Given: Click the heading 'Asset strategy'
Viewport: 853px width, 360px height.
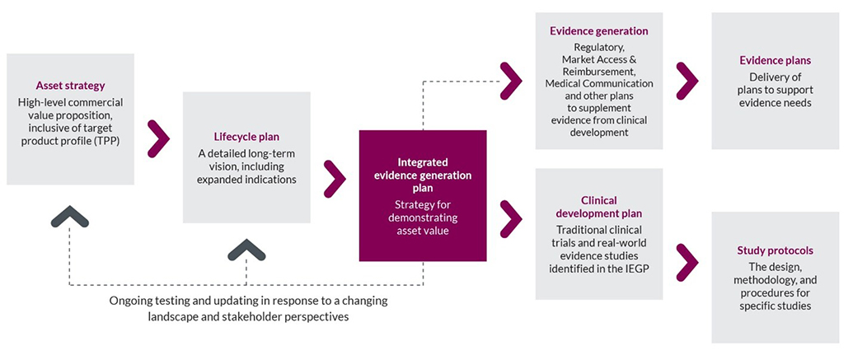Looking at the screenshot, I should pyautogui.click(x=70, y=86).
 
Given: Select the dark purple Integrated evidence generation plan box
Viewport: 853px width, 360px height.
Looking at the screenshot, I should pyautogui.click(x=423, y=195).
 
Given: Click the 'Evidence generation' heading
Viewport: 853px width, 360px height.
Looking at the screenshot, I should pyautogui.click(x=598, y=31).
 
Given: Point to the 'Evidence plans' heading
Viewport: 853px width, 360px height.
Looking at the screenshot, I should pyautogui.click(x=775, y=61).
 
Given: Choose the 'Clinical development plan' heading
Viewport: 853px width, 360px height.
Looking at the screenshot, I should pyautogui.click(x=598, y=206).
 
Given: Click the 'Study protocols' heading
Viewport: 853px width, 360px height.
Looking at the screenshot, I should pyautogui.click(x=775, y=250).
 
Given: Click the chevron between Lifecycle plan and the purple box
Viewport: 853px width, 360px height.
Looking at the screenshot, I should pyautogui.click(x=335, y=174).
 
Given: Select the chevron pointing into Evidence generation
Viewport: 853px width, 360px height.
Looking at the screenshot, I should pyautogui.click(x=512, y=80).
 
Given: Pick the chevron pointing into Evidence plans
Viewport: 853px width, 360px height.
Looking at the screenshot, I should pyautogui.click(x=687, y=80).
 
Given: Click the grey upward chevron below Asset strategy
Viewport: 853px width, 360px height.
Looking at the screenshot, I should pyautogui.click(x=70, y=216).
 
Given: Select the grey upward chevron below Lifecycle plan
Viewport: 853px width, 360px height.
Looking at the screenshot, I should pyautogui.click(x=246, y=251).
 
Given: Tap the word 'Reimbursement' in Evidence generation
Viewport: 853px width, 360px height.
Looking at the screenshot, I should pyautogui.click(x=599, y=72).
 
